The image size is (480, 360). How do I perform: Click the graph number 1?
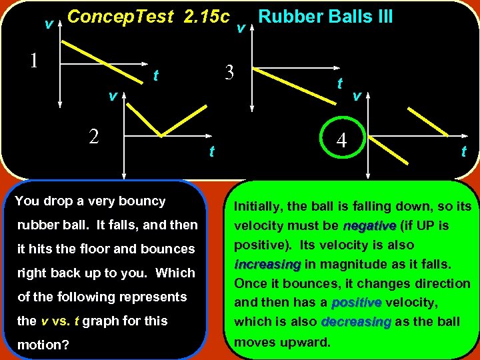point(33,59)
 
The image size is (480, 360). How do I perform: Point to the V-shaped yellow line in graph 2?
point(161,135)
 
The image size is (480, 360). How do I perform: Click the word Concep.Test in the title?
point(121,17)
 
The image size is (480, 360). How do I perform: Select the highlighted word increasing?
point(267,264)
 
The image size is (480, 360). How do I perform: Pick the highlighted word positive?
point(357,303)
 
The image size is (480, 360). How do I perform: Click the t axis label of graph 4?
point(463,151)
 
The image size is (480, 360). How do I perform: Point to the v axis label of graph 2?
point(113,97)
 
